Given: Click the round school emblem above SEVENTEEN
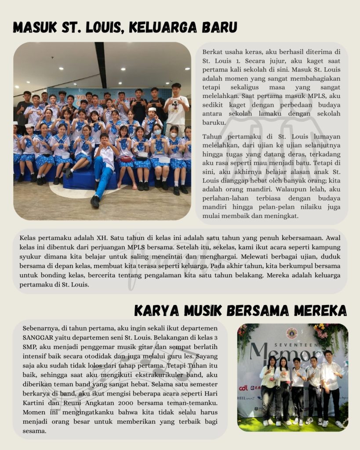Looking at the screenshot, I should click(x=291, y=333).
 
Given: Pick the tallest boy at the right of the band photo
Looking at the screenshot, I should click(x=331, y=387).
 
